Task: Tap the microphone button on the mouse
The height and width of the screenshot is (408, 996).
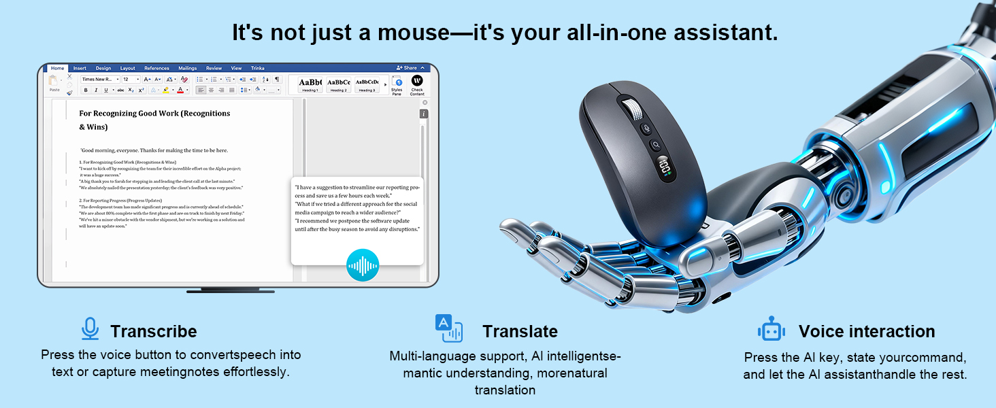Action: pyautogui.click(x=647, y=129)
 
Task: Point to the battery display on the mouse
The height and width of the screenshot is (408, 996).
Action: pyautogui.click(x=663, y=167)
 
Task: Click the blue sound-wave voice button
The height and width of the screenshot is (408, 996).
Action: pyautogui.click(x=363, y=265)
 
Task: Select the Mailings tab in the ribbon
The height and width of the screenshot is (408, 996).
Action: pyautogui.click(x=187, y=68)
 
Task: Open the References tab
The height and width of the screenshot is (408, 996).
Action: pyautogui.click(x=156, y=68)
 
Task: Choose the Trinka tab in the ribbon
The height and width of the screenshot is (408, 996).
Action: pyautogui.click(x=257, y=68)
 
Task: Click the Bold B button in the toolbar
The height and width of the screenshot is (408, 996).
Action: pyautogui.click(x=86, y=90)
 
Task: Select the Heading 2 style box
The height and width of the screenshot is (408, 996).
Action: pyautogui.click(x=338, y=84)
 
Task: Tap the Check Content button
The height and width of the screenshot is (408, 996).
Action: pyautogui.click(x=417, y=84)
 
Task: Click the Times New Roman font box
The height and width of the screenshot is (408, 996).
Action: pyautogui.click(x=98, y=80)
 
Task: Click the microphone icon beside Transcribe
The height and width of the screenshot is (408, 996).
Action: pyautogui.click(x=90, y=329)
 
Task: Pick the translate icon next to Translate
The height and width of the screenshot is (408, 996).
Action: pyautogui.click(x=448, y=328)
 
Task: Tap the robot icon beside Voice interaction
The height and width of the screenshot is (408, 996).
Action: pyautogui.click(x=771, y=330)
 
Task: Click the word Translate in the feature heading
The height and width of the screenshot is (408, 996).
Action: pyautogui.click(x=520, y=331)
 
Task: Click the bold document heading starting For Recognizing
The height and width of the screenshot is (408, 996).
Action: pyautogui.click(x=154, y=114)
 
